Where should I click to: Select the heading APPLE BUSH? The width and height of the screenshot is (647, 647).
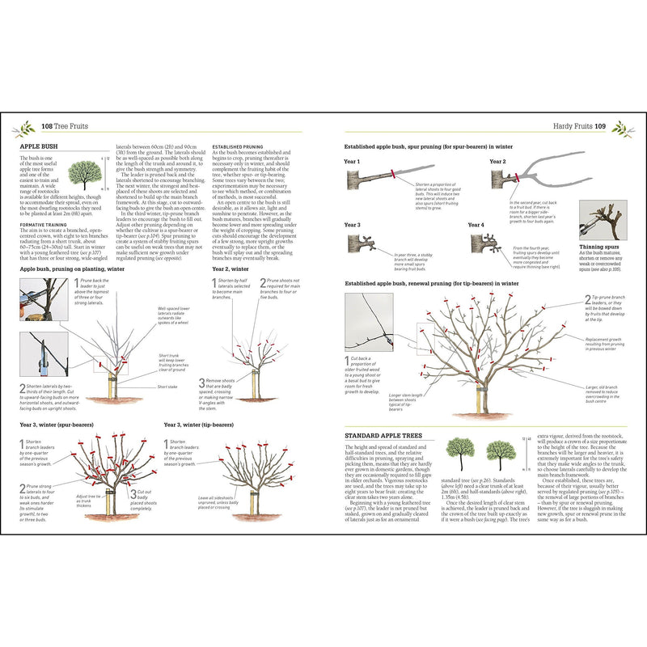coord(37,147)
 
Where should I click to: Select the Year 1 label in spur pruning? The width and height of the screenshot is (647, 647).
coord(353,161)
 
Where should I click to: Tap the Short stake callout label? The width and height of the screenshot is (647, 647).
coord(167,387)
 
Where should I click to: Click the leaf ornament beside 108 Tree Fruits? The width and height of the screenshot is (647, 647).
coord(26,127)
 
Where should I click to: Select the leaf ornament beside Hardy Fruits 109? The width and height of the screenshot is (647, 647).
coord(621,127)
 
